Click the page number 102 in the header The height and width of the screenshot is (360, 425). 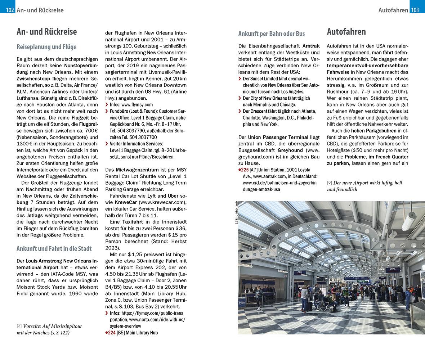coord(7,10)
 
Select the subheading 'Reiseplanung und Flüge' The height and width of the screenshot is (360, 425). coord(46,47)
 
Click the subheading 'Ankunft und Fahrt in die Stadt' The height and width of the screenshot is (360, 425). coord(54,248)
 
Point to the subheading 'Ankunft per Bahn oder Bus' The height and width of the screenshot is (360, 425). coord(272,34)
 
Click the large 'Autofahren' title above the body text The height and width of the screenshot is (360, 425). coord(346,32)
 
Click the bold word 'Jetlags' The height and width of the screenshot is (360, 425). coord(35,215)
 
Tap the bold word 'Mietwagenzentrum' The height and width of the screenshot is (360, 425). coord(137,170)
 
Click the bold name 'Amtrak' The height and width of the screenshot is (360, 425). coord(310,46)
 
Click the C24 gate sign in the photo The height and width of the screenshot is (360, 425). coord(393,269)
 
